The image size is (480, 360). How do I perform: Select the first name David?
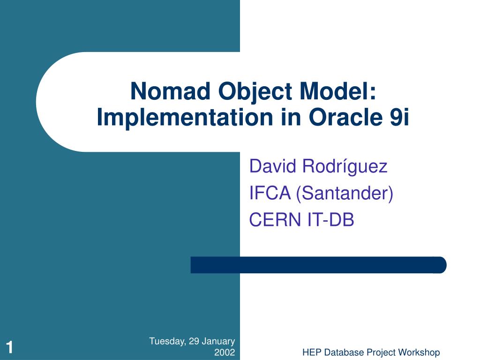272,166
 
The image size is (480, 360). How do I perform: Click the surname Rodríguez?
344,166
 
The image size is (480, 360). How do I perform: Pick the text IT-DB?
330,219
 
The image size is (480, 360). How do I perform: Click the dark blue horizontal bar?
318,265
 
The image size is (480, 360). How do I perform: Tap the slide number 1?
9,348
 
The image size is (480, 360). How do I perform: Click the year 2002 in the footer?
224,352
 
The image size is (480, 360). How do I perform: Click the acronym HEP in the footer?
310,352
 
